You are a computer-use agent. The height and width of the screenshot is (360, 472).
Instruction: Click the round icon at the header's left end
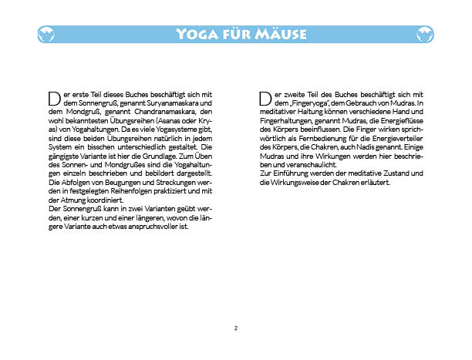tap(46, 34)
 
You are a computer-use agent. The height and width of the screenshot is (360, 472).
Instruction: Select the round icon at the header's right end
tap(425, 34)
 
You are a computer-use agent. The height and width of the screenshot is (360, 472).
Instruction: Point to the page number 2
tap(236, 328)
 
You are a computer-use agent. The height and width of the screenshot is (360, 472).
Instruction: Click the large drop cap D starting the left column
tap(54, 99)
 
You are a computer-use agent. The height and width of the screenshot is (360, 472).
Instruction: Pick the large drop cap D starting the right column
tap(265, 99)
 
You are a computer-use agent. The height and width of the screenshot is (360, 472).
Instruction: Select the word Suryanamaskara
tap(164, 103)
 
